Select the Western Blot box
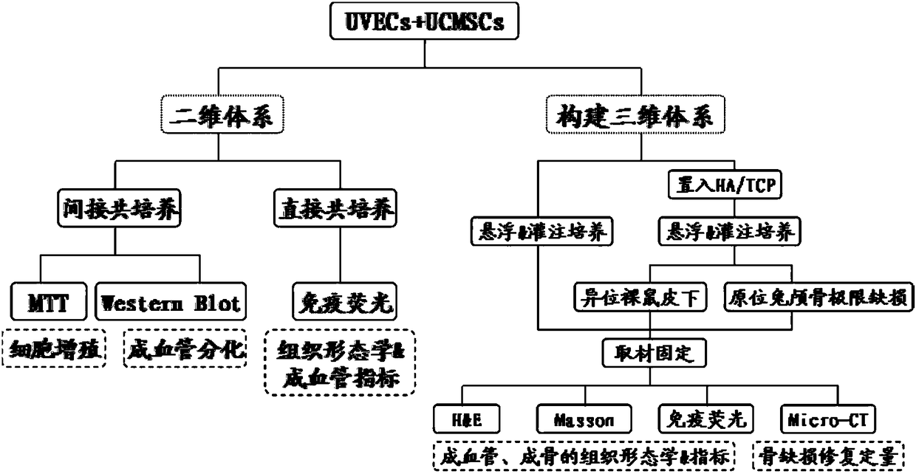(x=170, y=303)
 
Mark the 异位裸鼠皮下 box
(x=640, y=297)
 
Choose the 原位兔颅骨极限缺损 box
(x=813, y=297)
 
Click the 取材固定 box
(x=650, y=353)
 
